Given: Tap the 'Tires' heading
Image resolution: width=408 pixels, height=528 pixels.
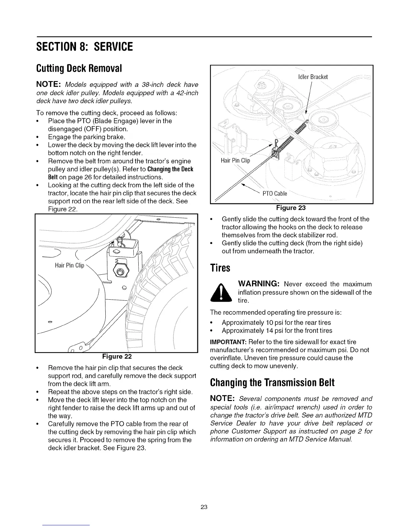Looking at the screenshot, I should pyautogui.click(x=220, y=268).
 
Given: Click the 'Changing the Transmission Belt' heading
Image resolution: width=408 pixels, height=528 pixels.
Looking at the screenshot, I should pyautogui.click(x=272, y=382).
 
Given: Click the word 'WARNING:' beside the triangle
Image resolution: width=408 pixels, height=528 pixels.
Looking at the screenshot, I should pyautogui.click(x=258, y=284).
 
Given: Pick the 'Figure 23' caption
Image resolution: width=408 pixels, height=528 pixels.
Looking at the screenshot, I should pyautogui.click(x=291, y=208).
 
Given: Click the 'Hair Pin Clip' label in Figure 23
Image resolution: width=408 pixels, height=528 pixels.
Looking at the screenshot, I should pyautogui.click(x=235, y=160).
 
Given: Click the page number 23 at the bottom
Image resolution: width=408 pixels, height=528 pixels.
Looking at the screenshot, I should pyautogui.click(x=204, y=507).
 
